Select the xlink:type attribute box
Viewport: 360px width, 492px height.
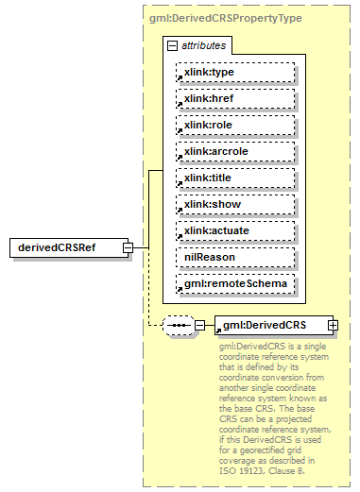click(234, 72)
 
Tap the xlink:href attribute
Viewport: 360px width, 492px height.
click(234, 98)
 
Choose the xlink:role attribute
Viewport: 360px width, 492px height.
click(234, 125)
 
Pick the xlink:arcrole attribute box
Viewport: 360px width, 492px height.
click(234, 151)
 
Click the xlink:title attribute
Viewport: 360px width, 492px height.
click(234, 178)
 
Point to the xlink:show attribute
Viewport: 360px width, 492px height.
click(234, 204)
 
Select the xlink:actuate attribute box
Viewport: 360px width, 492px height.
click(234, 230)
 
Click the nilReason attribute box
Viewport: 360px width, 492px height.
click(234, 257)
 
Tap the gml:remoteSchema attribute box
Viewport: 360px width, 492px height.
click(234, 283)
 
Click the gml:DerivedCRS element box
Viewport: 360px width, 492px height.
click(270, 326)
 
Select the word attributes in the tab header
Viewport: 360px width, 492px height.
click(204, 45)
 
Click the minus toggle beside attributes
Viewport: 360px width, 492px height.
click(171, 45)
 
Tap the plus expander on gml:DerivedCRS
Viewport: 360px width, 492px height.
click(333, 326)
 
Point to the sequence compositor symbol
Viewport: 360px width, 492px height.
click(177, 326)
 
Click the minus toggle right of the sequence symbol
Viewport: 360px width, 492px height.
click(199, 326)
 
